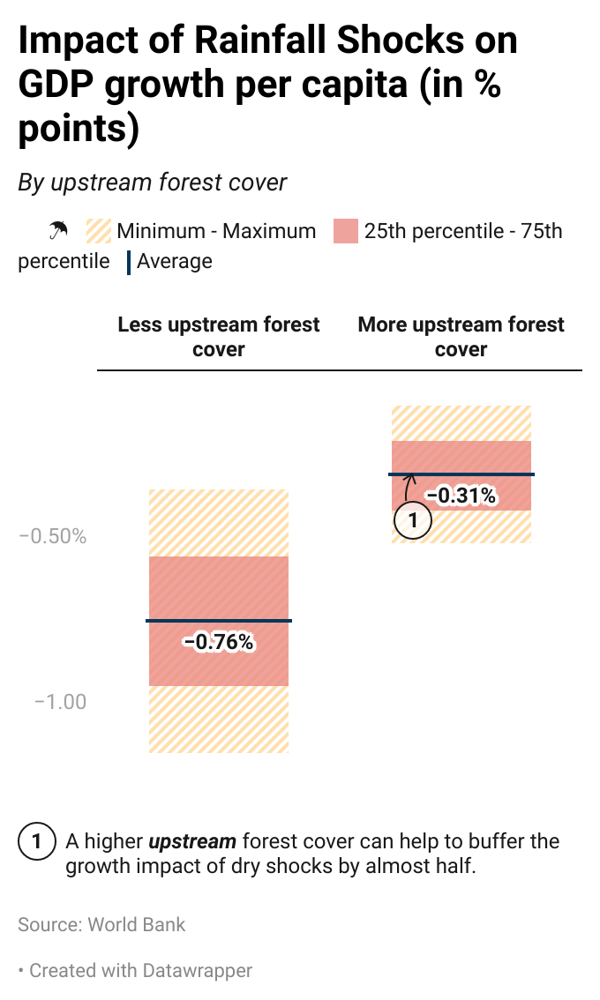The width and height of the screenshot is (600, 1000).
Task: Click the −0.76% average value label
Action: [218, 642]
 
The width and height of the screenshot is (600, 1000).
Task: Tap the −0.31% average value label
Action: [461, 496]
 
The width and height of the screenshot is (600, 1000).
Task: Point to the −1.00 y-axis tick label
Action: [60, 702]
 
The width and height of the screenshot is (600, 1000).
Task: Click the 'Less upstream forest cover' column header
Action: [219, 336]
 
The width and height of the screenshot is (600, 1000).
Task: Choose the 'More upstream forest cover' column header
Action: [461, 336]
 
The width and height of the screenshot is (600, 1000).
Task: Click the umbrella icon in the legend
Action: [58, 231]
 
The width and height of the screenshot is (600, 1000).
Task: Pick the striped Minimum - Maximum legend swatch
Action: [98, 231]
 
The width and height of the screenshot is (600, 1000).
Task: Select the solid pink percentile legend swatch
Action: [345, 231]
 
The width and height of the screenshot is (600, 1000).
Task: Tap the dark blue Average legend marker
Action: [130, 261]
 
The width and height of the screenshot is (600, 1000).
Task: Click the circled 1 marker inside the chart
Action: [412, 520]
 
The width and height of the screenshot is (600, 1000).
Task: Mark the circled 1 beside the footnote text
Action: [36, 841]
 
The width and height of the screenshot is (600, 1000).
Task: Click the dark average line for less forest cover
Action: [218, 621]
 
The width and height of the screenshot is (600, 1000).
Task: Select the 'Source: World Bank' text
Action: [101, 924]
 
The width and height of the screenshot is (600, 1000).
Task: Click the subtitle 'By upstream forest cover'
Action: [153, 183]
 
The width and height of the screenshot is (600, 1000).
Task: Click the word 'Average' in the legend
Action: [174, 261]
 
